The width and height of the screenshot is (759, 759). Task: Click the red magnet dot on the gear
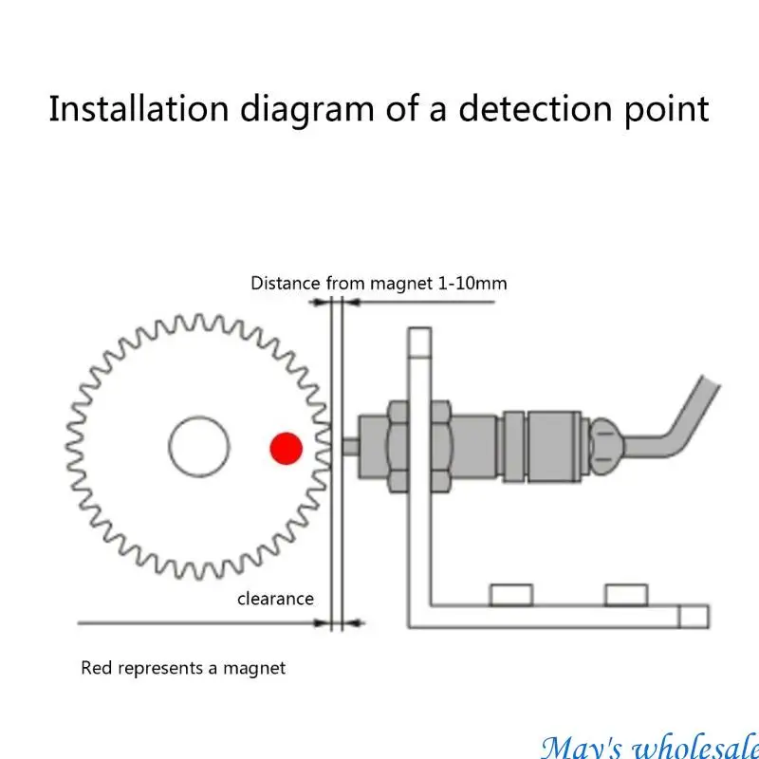click(287, 448)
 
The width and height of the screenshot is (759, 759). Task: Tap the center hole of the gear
click(199, 447)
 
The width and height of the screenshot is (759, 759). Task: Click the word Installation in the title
click(139, 108)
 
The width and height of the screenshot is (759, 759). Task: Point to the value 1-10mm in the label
click(472, 283)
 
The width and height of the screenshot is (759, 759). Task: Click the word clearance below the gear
click(275, 600)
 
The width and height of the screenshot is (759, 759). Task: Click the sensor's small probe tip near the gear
click(350, 447)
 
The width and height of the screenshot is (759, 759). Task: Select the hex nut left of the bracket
click(398, 447)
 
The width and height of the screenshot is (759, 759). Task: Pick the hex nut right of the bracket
click(441, 447)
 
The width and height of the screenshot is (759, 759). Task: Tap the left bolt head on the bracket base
click(511, 595)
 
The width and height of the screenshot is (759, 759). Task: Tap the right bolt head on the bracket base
click(626, 595)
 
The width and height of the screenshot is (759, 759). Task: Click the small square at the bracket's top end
click(419, 342)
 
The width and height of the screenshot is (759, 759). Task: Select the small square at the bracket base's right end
click(694, 617)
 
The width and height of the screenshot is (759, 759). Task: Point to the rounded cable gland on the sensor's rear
click(605, 446)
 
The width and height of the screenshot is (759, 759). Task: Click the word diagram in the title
click(306, 110)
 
